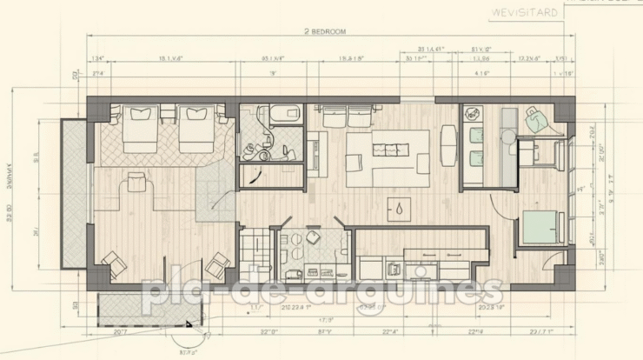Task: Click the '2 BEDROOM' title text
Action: click(x=325, y=31)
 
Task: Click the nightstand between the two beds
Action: click(x=168, y=114)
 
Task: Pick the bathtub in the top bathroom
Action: click(x=283, y=114)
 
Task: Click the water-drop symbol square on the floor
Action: click(x=399, y=209)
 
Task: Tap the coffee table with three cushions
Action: click(x=387, y=158)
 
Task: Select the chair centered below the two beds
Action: click(x=136, y=182)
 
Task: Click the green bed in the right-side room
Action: click(x=541, y=227)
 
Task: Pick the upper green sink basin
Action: click(x=475, y=137)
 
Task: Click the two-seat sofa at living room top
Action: click(x=345, y=115)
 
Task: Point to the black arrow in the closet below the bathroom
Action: click(x=254, y=176)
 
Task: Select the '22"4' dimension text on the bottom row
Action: click(x=390, y=331)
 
